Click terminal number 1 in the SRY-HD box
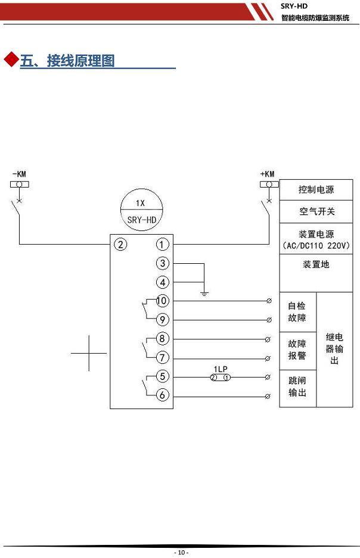click(162, 245)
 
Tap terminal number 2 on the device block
click(120, 245)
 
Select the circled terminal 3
click(162, 263)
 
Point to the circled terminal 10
click(162, 301)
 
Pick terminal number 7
click(162, 357)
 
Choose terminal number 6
click(162, 395)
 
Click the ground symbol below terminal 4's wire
click(204, 294)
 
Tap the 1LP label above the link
click(221, 369)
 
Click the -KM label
click(19, 174)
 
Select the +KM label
click(268, 174)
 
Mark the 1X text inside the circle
click(140, 203)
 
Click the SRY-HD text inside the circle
click(142, 220)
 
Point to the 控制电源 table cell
click(316, 190)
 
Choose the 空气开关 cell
click(316, 212)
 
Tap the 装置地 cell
click(316, 273)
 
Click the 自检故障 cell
click(297, 312)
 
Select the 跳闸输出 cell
click(297, 389)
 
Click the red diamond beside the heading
click(11, 60)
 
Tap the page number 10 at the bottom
click(181, 552)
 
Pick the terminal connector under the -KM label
click(19, 185)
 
